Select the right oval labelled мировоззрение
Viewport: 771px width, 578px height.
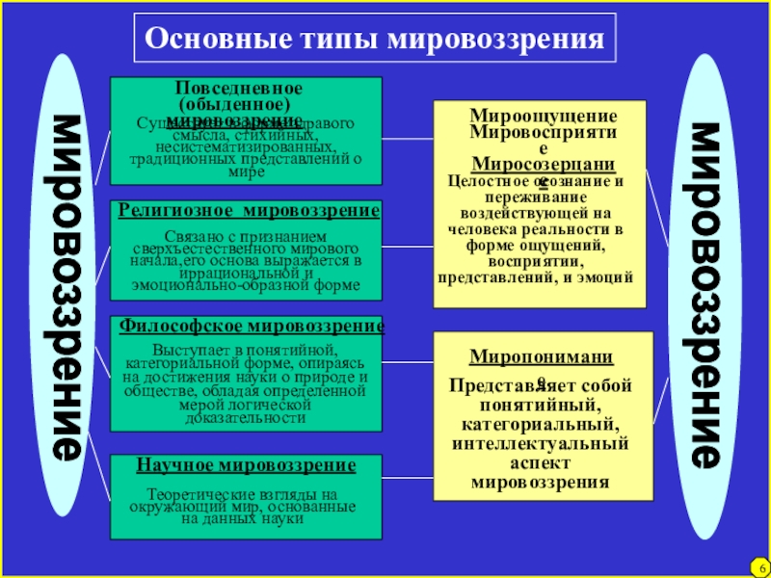(x=707, y=294)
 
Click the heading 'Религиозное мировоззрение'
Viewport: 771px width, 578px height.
(x=249, y=210)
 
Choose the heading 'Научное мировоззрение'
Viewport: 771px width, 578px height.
(x=246, y=465)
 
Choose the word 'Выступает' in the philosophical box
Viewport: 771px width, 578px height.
(x=184, y=347)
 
